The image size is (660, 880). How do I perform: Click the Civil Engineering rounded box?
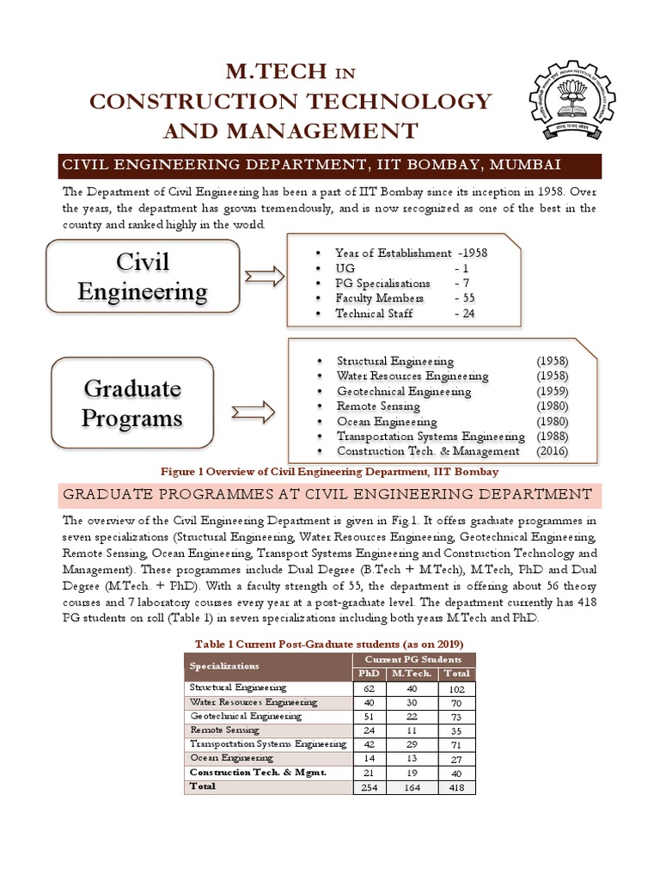click(x=143, y=276)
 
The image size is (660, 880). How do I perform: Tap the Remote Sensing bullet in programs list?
click(x=375, y=406)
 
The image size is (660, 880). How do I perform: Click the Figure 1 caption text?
click(x=329, y=473)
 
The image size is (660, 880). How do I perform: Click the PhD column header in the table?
click(x=370, y=674)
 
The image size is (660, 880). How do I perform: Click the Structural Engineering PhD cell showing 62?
click(x=370, y=688)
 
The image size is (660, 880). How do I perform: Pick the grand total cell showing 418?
click(x=455, y=786)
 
